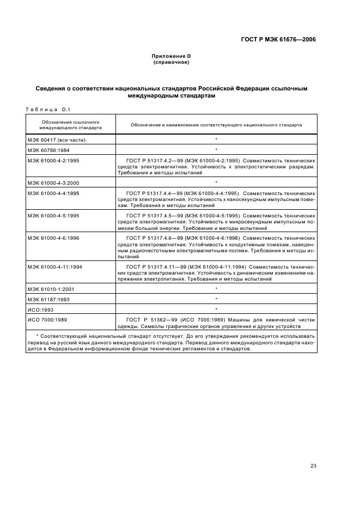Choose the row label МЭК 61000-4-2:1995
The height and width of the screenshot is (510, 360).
53,161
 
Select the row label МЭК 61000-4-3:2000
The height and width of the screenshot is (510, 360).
53,182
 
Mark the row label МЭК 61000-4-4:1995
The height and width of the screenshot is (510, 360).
53,193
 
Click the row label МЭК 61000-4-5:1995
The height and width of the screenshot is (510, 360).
53,215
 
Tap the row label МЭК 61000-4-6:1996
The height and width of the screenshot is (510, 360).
53,238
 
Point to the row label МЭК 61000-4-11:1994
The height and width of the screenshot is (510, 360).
55,266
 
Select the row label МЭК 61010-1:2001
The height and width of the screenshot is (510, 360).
52,288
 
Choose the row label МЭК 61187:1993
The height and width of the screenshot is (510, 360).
50,299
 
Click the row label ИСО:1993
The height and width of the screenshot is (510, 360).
40,309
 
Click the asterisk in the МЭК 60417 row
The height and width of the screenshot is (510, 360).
216,139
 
